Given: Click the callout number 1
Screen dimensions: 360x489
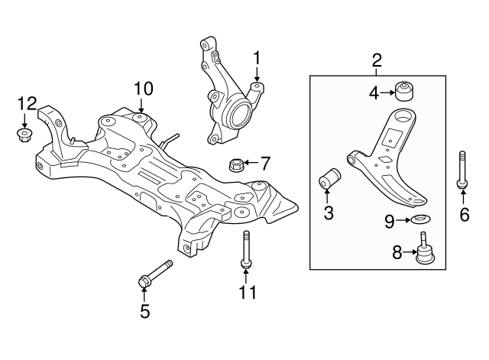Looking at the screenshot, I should point(257,57).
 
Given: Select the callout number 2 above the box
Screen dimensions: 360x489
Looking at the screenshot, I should point(377,60).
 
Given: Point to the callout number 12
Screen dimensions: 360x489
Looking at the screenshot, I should point(27,102).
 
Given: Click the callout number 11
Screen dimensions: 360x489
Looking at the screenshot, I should point(245,292).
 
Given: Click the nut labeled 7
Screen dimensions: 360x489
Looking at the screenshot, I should point(236,164).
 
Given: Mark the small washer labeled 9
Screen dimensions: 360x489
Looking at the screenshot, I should point(419,222).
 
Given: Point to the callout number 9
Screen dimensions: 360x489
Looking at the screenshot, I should point(389,222).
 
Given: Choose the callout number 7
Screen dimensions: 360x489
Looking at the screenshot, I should point(264,163).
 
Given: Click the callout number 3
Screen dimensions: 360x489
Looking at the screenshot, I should point(329,213).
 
